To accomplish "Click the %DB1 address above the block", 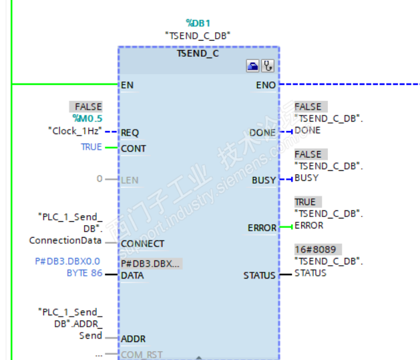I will click(x=198, y=23).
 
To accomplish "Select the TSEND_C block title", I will click(x=198, y=53).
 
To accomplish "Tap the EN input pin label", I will click(x=127, y=85).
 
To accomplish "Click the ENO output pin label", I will click(x=266, y=85).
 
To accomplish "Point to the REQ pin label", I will click(x=130, y=132).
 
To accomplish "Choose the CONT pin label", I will click(x=133, y=148).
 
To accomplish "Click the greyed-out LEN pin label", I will click(x=130, y=180).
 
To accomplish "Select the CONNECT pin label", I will click(x=142, y=244).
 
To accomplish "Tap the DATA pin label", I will click(x=132, y=275).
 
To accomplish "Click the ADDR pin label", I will click(x=133, y=339).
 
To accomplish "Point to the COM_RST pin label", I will click(x=142, y=354).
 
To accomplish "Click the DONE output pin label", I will click(x=262, y=132).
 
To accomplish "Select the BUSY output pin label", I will click(x=264, y=180).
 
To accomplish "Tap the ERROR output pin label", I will click(x=262, y=228).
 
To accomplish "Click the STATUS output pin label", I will click(x=259, y=275).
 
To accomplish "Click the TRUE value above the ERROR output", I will click(x=305, y=202).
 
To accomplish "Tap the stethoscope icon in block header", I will click(x=268, y=66).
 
